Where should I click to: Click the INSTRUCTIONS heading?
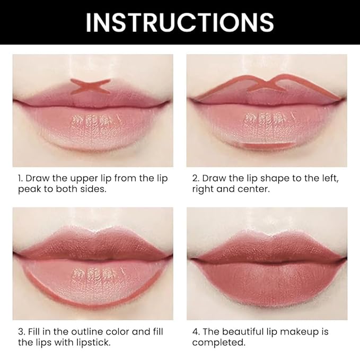[180, 22]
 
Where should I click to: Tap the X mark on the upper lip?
[91, 86]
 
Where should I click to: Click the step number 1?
[15, 178]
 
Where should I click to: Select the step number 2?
[195, 178]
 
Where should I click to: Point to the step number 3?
[15, 332]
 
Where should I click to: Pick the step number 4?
[195, 332]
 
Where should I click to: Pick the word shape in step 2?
[262, 178]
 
